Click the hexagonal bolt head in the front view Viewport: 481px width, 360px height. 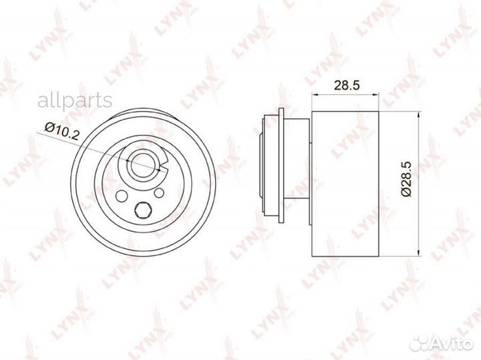tap(142, 210)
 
